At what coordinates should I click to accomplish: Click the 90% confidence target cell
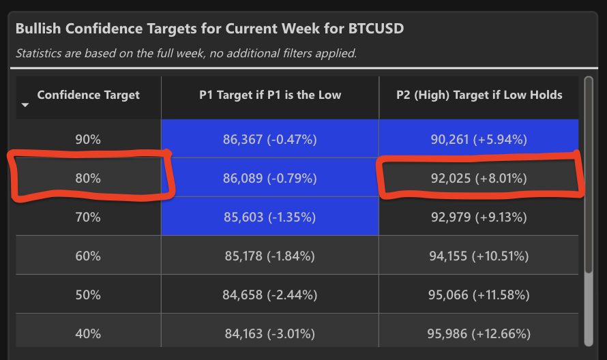[x=87, y=140]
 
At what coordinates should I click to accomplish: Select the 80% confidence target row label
[x=87, y=179]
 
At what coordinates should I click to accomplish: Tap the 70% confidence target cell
[x=87, y=217]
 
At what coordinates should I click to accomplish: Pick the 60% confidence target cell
[x=87, y=256]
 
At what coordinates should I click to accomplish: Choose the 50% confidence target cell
[x=87, y=295]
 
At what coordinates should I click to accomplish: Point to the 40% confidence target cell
[x=87, y=334]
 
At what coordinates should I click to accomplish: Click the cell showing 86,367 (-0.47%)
[x=269, y=140]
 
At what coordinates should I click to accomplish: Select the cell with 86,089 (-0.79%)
[x=269, y=179]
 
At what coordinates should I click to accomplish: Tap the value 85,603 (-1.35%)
[x=269, y=217]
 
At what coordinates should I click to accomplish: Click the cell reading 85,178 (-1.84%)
[x=269, y=256]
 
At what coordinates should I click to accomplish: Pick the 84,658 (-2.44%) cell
[x=269, y=295]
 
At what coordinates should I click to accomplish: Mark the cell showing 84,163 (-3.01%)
[x=269, y=334]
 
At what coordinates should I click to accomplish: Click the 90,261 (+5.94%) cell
[x=479, y=140]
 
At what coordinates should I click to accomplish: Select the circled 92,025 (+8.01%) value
[x=479, y=179]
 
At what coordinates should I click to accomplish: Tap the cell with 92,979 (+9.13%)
[x=479, y=217]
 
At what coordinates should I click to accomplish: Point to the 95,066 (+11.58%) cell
[x=479, y=295]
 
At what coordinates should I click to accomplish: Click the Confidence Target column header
[x=88, y=95]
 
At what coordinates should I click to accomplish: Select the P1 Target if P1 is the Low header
[x=269, y=95]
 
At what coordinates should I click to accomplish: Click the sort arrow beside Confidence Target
[x=25, y=105]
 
